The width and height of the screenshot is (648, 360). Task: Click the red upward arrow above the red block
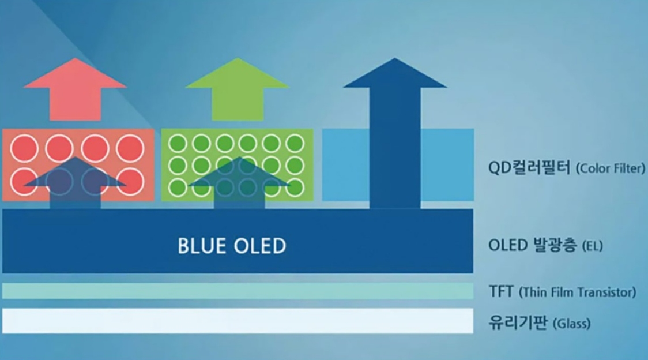pos(75,91)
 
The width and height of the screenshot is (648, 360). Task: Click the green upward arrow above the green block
pos(237,91)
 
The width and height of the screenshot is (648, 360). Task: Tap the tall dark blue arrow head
pos(395,73)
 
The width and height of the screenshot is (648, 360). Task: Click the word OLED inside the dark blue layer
pos(260,246)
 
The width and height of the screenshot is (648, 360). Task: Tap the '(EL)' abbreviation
pos(592,246)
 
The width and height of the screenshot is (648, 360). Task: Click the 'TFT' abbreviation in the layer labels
pos(501,291)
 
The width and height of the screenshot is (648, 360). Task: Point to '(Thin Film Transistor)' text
pos(577,292)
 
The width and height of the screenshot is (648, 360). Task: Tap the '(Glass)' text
pos(571,323)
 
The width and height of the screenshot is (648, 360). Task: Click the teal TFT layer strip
pos(238,291)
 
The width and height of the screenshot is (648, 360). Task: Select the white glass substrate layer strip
pos(238,321)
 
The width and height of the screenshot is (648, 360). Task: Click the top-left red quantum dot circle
pos(24,148)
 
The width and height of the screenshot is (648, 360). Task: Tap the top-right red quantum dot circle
pos(130,148)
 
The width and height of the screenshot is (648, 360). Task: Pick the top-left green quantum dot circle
pos(178,144)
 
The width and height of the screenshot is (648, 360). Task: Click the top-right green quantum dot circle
pos(295,144)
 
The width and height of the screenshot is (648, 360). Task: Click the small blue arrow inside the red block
pos(75,182)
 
